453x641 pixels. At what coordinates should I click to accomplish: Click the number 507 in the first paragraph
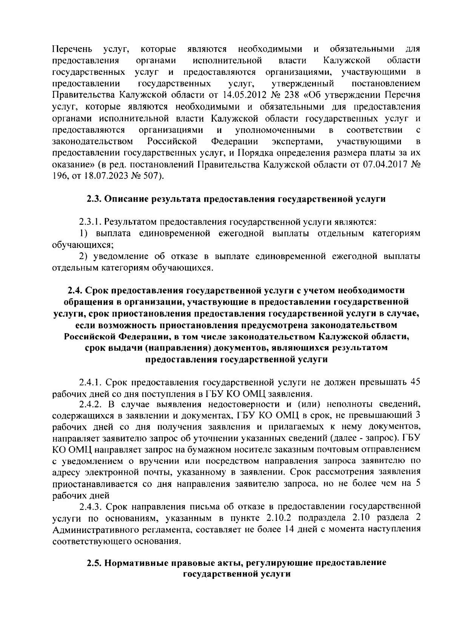[153, 176]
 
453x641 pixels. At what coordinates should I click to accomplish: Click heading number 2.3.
[94, 199]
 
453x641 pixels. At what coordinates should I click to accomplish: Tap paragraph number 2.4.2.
[90, 405]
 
